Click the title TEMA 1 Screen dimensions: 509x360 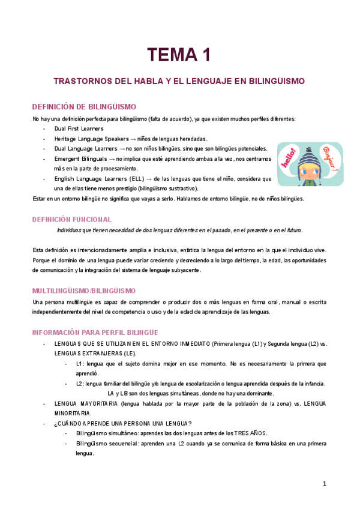[x=179, y=55]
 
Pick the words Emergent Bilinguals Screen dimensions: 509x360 [x=80, y=159]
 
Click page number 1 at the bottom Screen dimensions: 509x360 [x=324, y=484]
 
